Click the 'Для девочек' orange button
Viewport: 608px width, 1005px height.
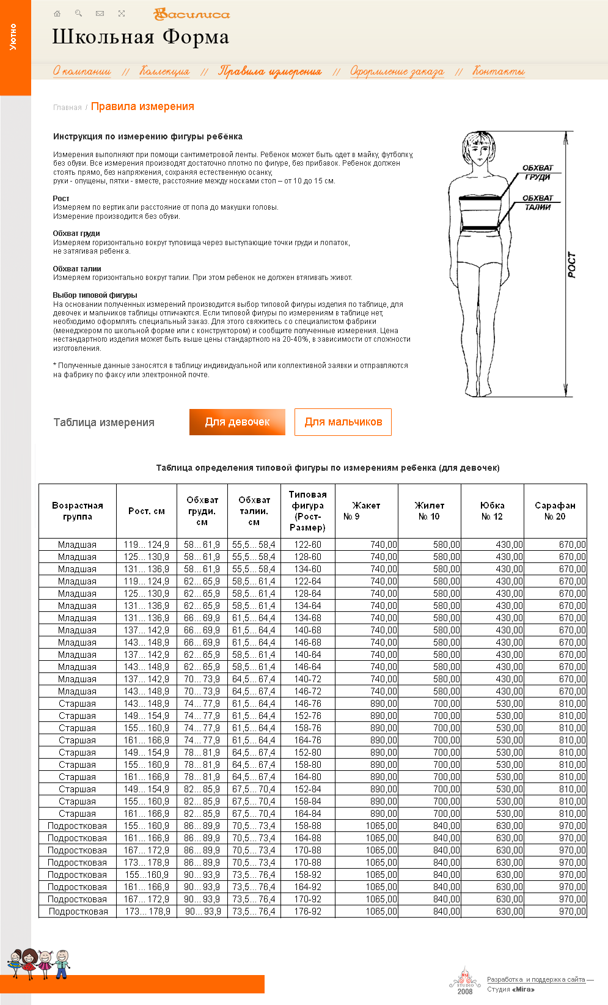[237, 422]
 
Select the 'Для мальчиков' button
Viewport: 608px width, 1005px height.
[343, 422]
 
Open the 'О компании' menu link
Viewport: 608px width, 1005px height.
[82, 72]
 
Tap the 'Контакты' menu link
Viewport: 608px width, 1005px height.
[499, 72]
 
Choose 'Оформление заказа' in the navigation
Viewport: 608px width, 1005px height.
[397, 72]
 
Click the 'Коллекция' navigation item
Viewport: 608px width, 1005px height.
[165, 72]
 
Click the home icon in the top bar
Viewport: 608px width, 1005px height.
[57, 13]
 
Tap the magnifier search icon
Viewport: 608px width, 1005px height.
[78, 13]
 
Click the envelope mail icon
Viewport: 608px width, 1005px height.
[100, 13]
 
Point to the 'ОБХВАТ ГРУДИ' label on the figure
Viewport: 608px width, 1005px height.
[538, 172]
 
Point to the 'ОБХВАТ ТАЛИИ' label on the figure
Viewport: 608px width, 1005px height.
[538, 202]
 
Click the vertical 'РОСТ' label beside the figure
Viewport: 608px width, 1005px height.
[572, 265]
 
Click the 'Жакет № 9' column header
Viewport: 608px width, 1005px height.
[366, 511]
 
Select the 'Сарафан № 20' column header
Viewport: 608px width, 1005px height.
[555, 511]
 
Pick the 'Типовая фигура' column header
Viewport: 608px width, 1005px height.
[308, 511]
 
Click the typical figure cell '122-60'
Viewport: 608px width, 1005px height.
[308, 545]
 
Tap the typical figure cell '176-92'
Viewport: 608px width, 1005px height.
[308, 911]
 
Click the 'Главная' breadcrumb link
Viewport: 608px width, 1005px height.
[67, 108]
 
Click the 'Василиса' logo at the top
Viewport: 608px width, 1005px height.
[192, 14]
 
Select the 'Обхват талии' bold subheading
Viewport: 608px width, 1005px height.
[77, 269]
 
